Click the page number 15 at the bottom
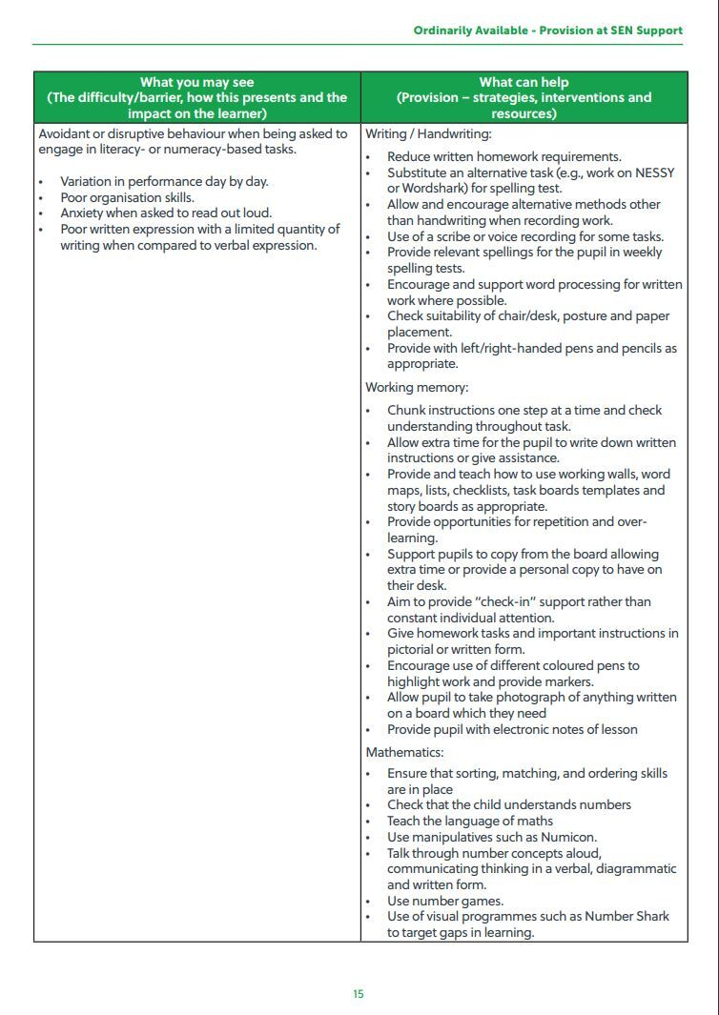[359, 994]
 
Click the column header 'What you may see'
[196, 82]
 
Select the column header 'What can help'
[524, 82]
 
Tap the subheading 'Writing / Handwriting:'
[428, 134]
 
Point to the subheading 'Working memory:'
[417, 388]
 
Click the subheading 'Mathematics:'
[404, 753]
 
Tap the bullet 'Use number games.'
[444, 901]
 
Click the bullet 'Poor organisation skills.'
[127, 197]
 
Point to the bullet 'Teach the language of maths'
[469, 821]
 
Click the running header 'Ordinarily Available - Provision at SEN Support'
[547, 30]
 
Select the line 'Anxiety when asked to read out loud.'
[166, 213]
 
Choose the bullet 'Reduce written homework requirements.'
[503, 156]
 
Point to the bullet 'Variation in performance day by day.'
[164, 181]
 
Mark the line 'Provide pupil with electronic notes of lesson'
[512, 729]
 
